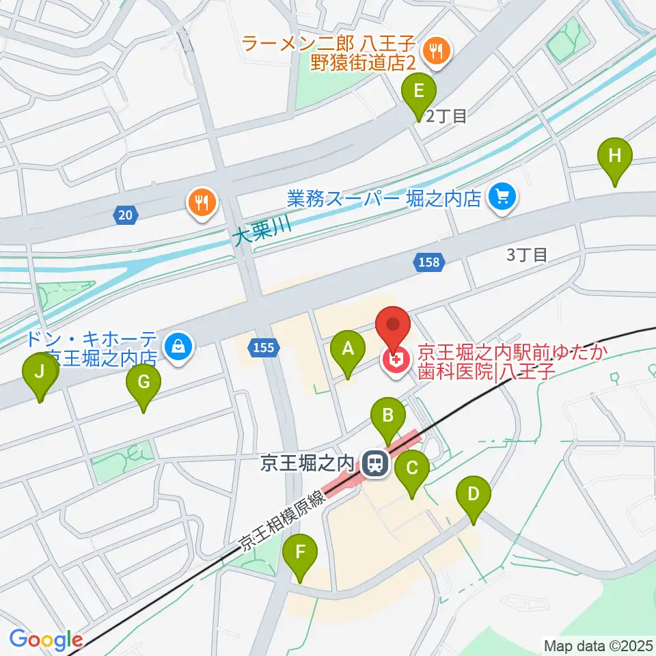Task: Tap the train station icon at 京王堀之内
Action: pyautogui.click(x=374, y=465)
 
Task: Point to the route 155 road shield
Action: pyautogui.click(x=262, y=348)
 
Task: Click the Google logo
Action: pyautogui.click(x=46, y=640)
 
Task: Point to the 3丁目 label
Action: pyautogui.click(x=526, y=256)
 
